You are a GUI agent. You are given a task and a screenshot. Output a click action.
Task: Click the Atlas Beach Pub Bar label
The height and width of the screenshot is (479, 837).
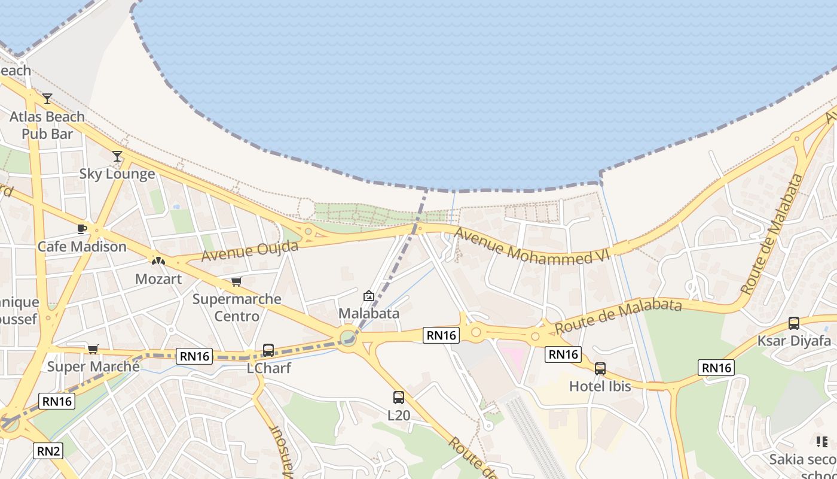click(47, 125)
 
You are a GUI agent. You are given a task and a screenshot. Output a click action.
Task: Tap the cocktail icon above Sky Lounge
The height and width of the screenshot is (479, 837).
click(117, 156)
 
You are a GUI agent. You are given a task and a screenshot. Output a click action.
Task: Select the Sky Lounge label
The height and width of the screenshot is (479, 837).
click(117, 174)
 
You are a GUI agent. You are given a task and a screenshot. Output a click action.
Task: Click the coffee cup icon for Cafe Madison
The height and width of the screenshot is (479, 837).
click(83, 229)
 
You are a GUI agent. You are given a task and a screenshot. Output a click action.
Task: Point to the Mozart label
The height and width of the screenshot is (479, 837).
click(158, 279)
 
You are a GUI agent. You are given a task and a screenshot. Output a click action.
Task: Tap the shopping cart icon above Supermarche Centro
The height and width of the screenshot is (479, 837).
click(237, 281)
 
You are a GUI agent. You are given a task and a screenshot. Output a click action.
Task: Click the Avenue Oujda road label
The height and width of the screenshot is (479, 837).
click(250, 250)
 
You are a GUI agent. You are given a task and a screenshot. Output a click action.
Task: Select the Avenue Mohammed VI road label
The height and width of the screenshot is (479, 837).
click(531, 246)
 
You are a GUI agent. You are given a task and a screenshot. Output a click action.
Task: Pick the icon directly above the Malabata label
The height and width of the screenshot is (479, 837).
click(369, 296)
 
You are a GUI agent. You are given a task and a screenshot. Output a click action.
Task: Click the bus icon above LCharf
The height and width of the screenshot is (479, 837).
click(268, 350)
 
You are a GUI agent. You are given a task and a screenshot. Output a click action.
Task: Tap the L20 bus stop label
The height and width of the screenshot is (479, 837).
click(399, 414)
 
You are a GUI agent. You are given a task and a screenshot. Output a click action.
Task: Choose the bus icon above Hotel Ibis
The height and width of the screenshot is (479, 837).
click(600, 369)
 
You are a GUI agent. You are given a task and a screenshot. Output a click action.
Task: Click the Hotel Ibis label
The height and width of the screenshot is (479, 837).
click(600, 386)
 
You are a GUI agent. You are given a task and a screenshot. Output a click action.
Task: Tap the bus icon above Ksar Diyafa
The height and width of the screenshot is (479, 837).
click(794, 323)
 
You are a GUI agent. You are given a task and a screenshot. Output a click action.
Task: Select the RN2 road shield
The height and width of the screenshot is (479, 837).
click(48, 451)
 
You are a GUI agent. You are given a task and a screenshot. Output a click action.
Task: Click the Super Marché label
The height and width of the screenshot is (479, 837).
click(93, 366)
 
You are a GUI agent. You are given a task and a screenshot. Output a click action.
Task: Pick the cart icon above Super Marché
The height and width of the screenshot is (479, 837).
click(93, 349)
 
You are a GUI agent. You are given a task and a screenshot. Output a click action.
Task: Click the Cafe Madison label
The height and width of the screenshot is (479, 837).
click(83, 247)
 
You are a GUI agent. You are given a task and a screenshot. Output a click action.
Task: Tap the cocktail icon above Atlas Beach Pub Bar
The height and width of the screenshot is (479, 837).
click(47, 99)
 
